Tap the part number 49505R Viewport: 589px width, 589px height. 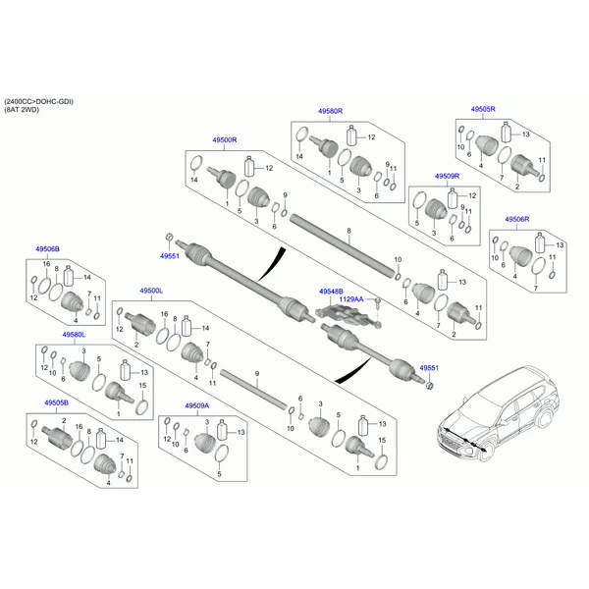483,111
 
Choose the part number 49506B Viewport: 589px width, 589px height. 48,251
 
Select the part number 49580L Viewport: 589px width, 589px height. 75,335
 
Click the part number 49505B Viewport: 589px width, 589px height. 56,402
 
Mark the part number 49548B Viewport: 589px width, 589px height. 332,292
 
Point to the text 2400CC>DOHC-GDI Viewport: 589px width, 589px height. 38,102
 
